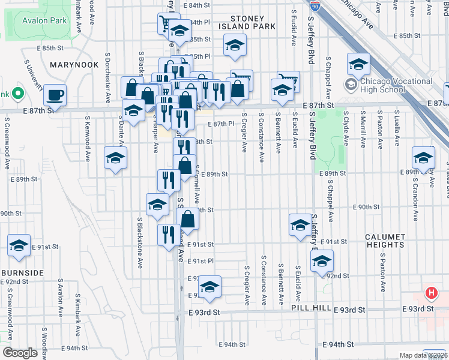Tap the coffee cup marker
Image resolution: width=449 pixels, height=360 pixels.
click(55, 94)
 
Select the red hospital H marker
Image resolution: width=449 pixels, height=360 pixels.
click(430, 293)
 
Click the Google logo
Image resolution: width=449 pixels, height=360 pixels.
click(20, 352)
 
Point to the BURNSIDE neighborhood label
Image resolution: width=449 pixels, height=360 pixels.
click(22, 272)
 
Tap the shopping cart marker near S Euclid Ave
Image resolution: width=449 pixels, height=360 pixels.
click(288, 81)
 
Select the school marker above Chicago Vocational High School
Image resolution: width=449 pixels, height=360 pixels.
click(358, 64)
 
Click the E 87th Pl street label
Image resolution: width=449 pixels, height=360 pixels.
click(220, 124)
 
